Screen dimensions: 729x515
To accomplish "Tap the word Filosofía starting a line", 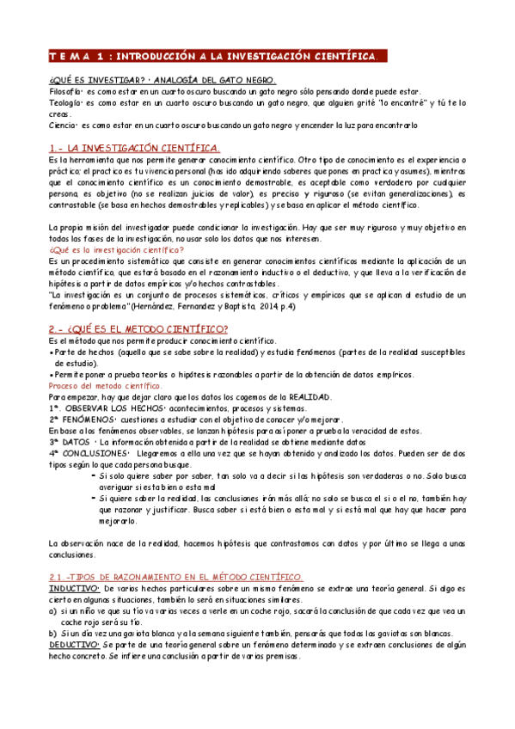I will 66,91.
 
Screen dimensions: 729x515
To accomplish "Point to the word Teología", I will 66,102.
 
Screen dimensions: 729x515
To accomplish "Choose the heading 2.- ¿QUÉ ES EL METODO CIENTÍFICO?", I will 138,328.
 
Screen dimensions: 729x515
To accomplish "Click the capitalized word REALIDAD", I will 310,396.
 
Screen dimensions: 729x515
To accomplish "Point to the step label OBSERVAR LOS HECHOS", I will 100,407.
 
